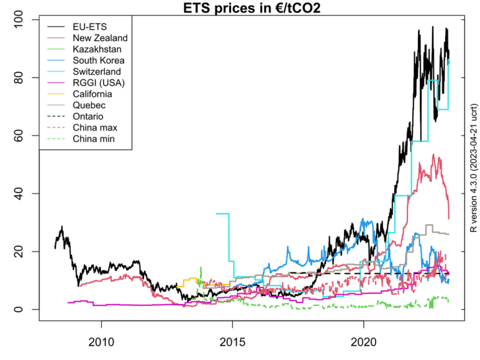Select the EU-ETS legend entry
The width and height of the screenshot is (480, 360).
tap(89, 27)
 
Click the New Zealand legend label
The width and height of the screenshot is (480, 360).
tap(100, 38)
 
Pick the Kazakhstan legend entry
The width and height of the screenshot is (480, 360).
tap(97, 49)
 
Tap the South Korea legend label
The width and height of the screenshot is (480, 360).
tap(99, 60)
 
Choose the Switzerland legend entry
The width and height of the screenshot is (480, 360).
tap(97, 71)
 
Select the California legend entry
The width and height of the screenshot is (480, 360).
tap(93, 94)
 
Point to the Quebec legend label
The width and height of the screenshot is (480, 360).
tap(89, 105)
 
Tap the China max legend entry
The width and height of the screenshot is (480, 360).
tap(95, 127)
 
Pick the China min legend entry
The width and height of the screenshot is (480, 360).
tap(94, 138)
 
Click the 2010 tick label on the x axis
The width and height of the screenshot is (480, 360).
tap(101, 342)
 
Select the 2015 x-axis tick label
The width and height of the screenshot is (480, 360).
tap(232, 342)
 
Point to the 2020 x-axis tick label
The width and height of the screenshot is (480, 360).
tap(363, 342)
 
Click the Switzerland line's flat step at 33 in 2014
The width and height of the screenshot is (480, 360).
tap(222, 214)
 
